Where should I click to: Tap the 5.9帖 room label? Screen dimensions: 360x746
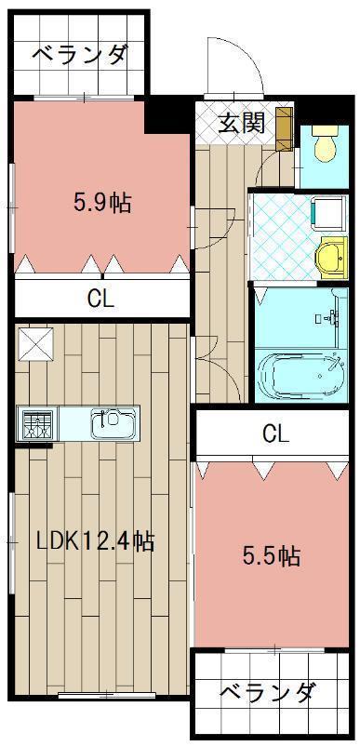102,204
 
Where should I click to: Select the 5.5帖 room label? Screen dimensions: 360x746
271,556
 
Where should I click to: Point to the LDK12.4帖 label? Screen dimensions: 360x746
96,540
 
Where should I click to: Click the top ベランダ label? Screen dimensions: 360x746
80,54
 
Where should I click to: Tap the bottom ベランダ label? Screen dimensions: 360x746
267,691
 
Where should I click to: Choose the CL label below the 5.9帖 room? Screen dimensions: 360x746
100,300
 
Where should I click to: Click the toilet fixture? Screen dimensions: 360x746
326,143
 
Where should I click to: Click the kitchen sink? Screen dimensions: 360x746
113,422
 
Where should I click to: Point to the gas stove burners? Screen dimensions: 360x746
36,422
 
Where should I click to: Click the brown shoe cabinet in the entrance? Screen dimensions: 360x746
285,128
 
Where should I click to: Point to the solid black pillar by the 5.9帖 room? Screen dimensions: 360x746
169,114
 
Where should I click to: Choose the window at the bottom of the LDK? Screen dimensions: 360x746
107,696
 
